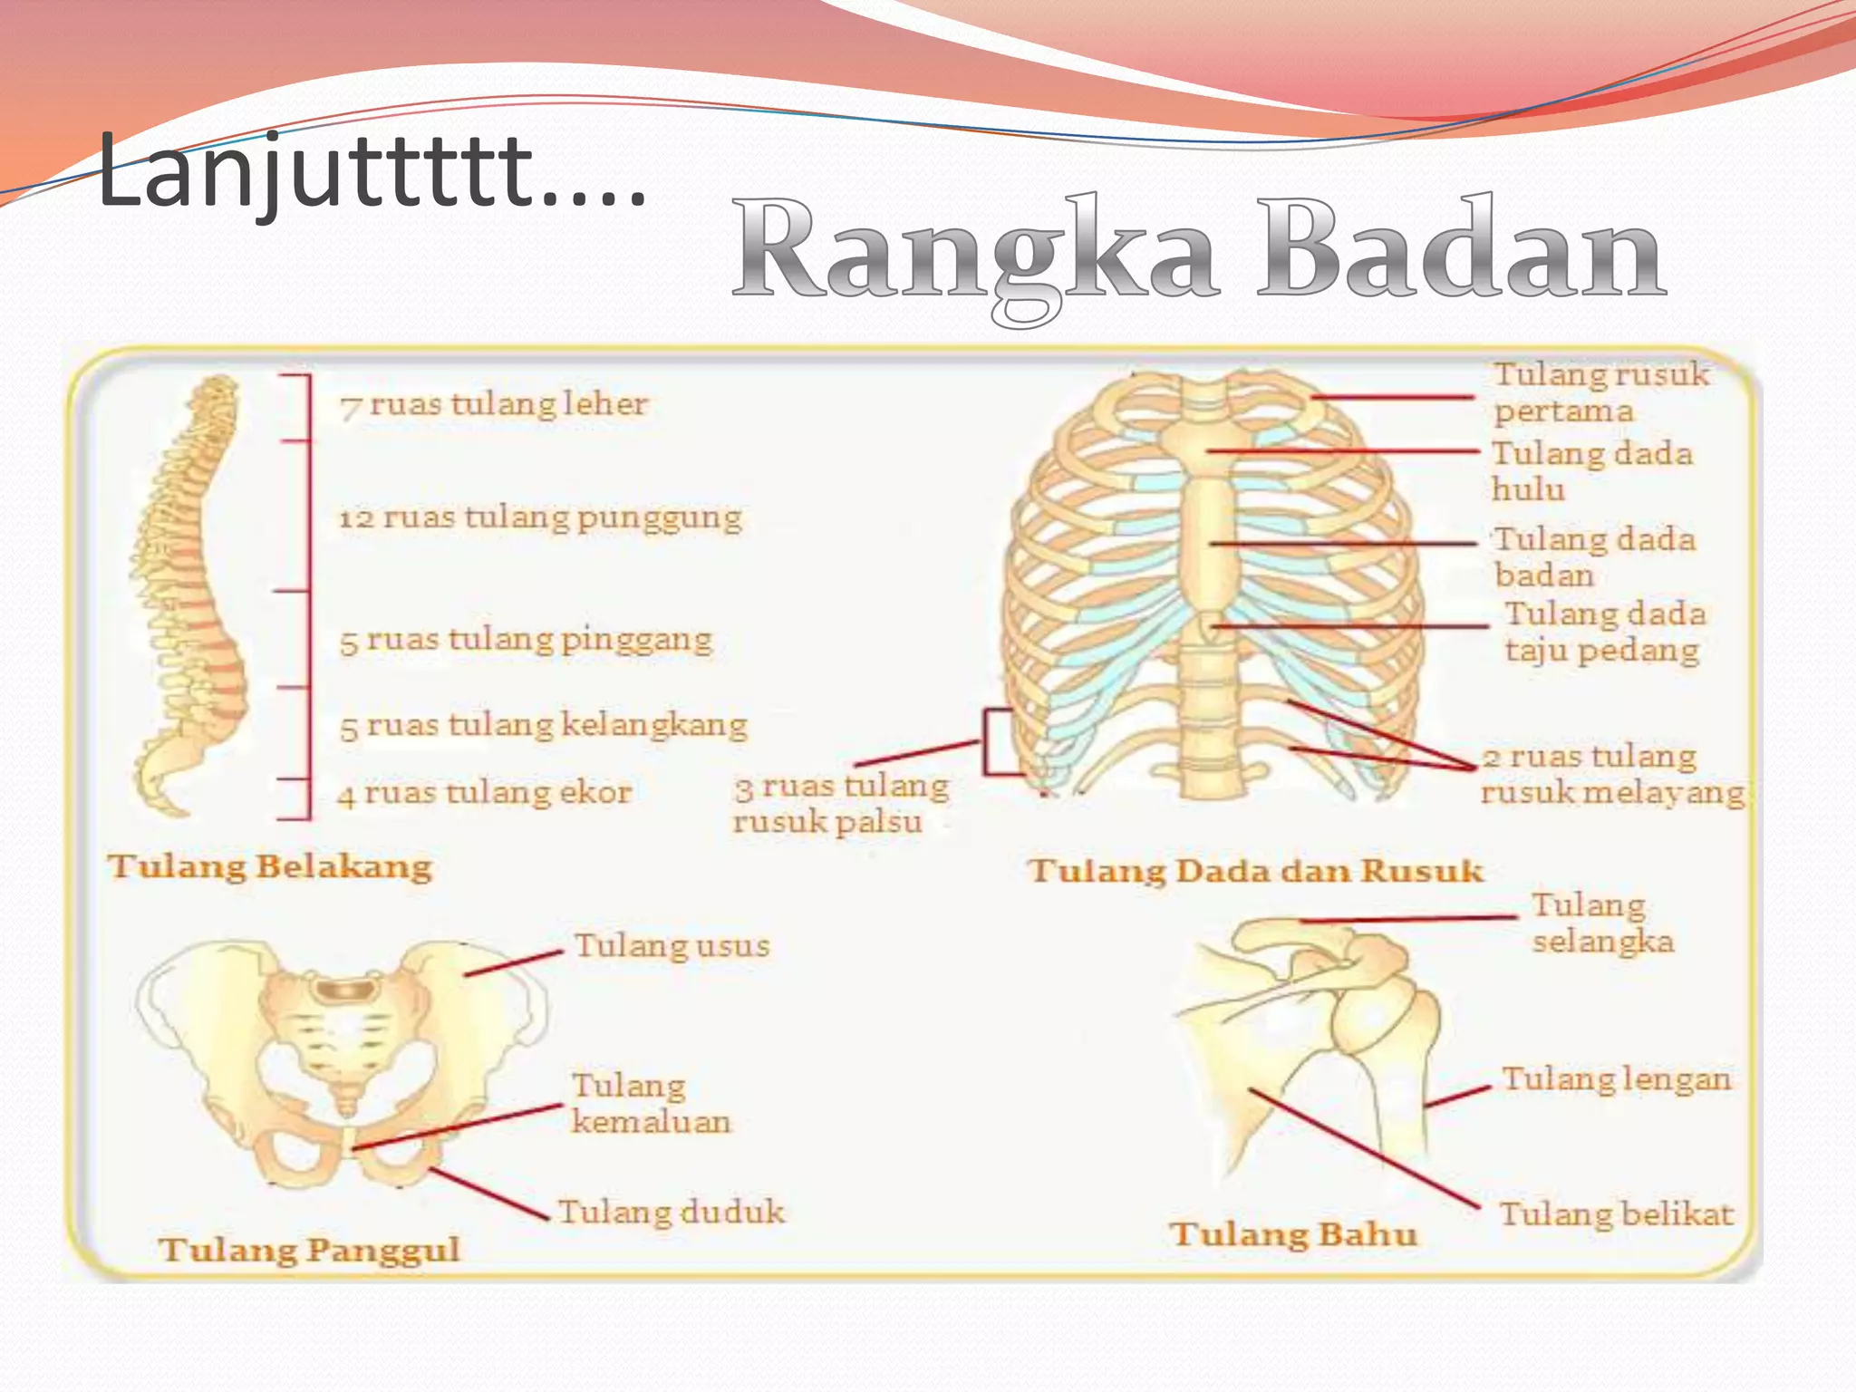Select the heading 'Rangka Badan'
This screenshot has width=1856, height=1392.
1198,251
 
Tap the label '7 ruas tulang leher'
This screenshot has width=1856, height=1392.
494,404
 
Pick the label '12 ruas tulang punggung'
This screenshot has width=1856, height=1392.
540,517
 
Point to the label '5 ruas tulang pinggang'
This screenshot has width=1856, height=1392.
526,640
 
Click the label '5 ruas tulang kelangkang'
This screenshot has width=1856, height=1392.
543,725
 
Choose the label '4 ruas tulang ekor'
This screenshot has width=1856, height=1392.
484,794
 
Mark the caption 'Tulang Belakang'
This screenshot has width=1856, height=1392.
270,866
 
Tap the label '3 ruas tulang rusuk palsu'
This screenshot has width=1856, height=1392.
840,804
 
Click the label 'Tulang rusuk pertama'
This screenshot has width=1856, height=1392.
1600,392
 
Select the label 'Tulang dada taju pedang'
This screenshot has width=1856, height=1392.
1604,632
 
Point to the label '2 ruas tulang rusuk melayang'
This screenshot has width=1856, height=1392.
1611,775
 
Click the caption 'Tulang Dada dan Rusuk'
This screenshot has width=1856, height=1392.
1256,871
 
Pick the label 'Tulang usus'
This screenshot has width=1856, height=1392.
672,946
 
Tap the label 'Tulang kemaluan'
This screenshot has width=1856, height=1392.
650,1104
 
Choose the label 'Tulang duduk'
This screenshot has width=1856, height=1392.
671,1213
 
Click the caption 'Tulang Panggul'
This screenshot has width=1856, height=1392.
309,1250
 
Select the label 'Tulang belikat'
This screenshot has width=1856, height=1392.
1615,1214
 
